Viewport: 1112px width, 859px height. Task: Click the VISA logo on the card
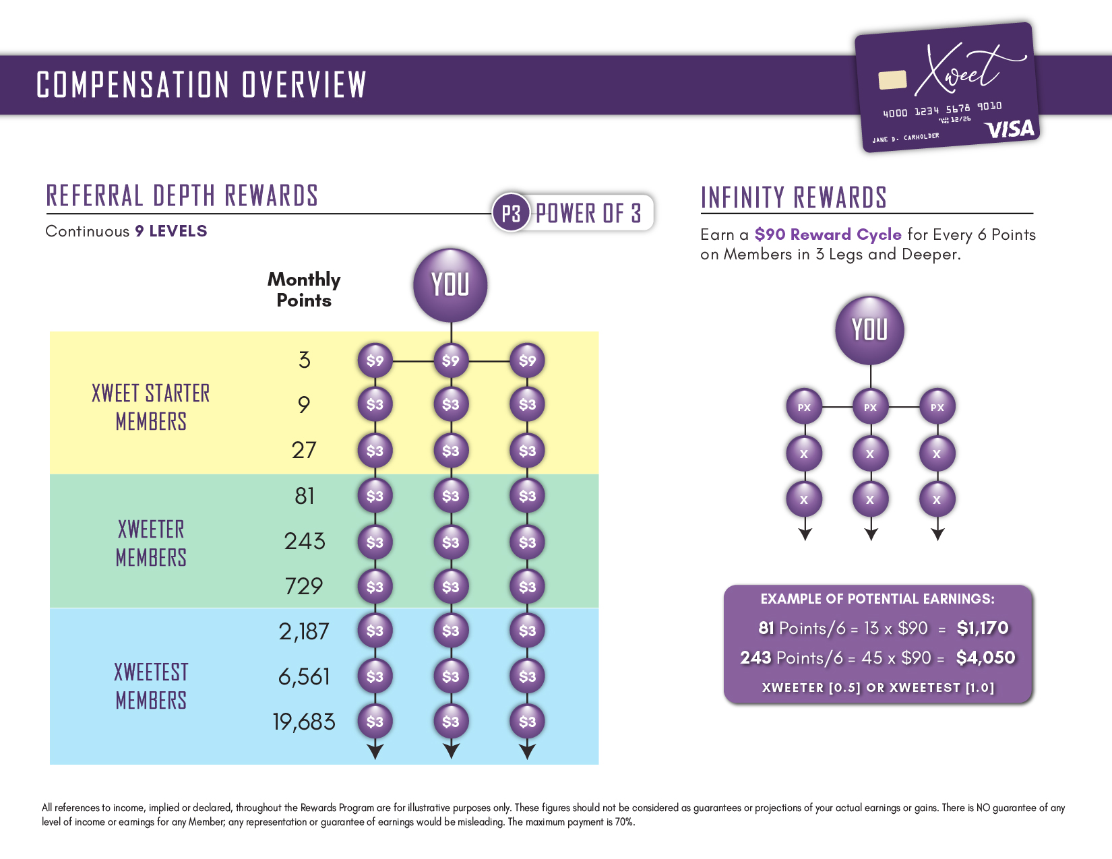point(1009,128)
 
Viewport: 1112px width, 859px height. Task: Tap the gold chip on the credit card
point(892,79)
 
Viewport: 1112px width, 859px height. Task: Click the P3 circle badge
point(511,214)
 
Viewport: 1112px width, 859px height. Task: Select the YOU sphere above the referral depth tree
point(450,285)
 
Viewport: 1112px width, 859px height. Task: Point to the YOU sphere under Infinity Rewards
point(869,330)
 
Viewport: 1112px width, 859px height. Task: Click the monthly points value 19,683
point(304,722)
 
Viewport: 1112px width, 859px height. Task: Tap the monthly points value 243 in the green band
point(305,541)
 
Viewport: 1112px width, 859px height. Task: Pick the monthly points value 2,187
point(304,631)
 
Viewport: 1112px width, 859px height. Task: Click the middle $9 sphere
point(451,360)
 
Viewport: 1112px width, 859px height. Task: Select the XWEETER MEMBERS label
point(151,543)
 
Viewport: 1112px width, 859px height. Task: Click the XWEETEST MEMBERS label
point(151,686)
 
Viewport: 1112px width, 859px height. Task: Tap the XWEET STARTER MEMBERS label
point(151,407)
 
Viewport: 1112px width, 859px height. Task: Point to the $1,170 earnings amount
point(983,628)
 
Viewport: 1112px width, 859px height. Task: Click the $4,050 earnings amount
point(985,658)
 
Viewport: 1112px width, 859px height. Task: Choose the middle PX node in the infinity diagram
point(870,407)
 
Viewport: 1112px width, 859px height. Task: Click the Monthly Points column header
point(304,290)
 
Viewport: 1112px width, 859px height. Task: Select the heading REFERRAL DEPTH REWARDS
point(182,196)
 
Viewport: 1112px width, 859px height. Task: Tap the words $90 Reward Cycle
point(828,234)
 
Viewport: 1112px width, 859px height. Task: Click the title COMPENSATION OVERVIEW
point(202,85)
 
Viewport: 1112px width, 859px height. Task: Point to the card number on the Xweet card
point(942,109)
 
